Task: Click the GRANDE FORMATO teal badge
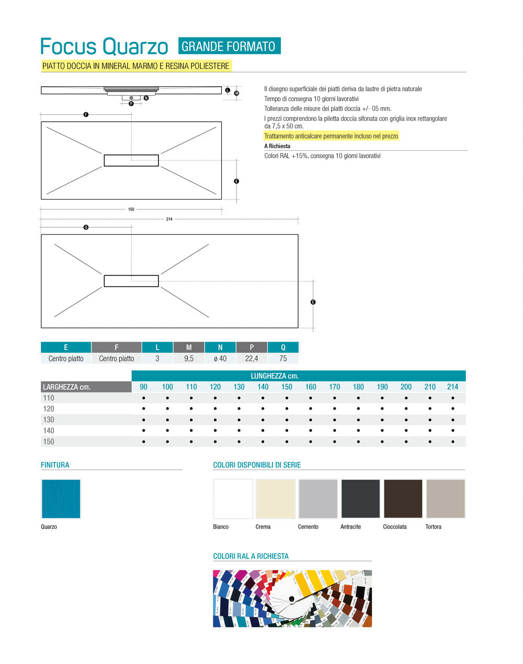229,46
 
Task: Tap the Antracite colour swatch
360,498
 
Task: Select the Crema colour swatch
275,498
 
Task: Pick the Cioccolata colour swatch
403,498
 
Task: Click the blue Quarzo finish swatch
61,498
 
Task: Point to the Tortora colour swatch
445,498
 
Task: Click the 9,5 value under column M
189,358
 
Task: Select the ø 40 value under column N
220,358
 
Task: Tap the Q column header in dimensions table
283,347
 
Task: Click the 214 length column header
452,387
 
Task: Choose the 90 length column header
143,387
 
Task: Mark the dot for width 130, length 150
287,420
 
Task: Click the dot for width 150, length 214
452,441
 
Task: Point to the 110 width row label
49,398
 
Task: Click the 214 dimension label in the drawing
169,219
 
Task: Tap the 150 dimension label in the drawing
131,209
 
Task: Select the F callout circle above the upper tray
86,114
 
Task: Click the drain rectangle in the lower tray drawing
131,281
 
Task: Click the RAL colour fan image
292,598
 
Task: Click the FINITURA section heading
55,465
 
